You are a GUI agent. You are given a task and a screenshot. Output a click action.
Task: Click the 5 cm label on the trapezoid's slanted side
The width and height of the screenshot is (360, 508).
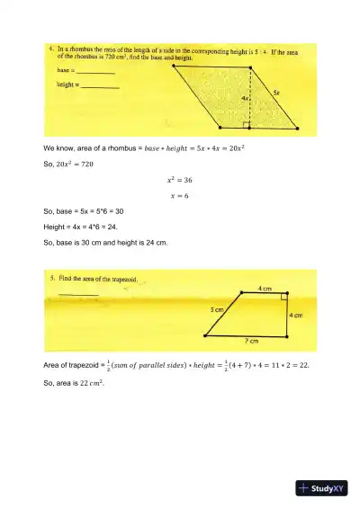tap(218, 308)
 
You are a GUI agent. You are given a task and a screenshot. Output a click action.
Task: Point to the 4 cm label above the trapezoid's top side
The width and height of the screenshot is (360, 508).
tap(265, 288)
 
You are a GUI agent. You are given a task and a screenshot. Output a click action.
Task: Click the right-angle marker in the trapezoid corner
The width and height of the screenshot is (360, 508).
tap(283, 297)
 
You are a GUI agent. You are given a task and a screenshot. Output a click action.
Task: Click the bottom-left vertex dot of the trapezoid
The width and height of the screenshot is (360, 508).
tap(207, 334)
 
